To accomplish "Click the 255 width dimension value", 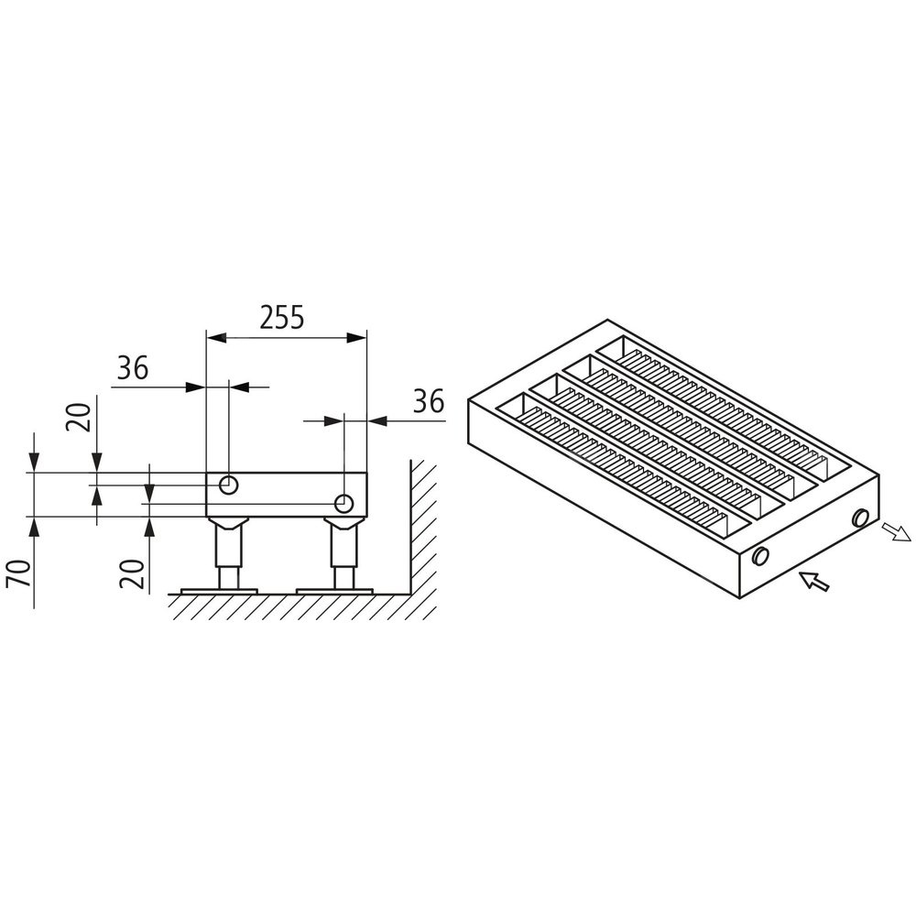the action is point(282,318).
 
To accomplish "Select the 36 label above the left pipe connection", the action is point(133,368).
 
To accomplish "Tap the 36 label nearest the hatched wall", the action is point(429,401).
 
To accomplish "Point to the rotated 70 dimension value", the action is point(19,575).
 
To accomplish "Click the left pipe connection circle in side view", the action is point(228,485).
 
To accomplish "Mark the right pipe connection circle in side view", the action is point(344,503).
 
